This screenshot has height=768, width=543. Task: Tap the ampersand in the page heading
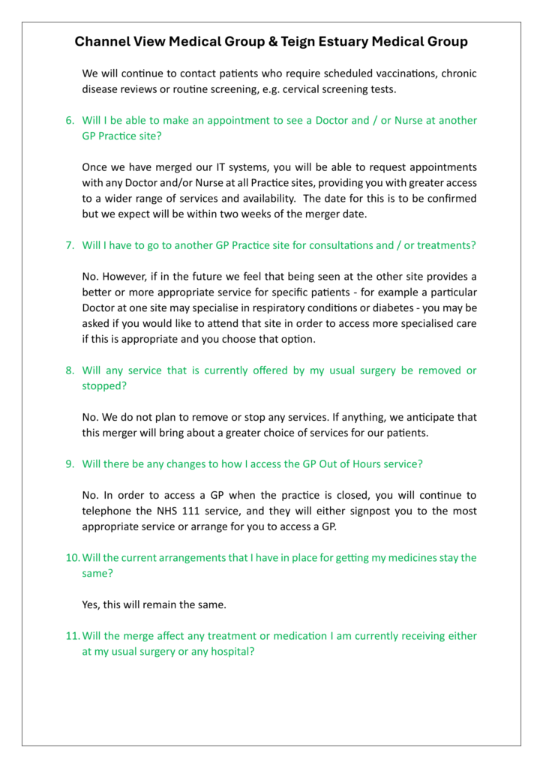272,42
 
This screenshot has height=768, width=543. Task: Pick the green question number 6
70,120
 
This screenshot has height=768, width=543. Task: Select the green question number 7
70,244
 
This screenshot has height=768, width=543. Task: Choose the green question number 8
70,370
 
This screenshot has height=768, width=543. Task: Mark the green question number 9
70,463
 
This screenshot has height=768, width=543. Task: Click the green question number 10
72,557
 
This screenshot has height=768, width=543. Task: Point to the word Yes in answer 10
91,604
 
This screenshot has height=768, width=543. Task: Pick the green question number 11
72,636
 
